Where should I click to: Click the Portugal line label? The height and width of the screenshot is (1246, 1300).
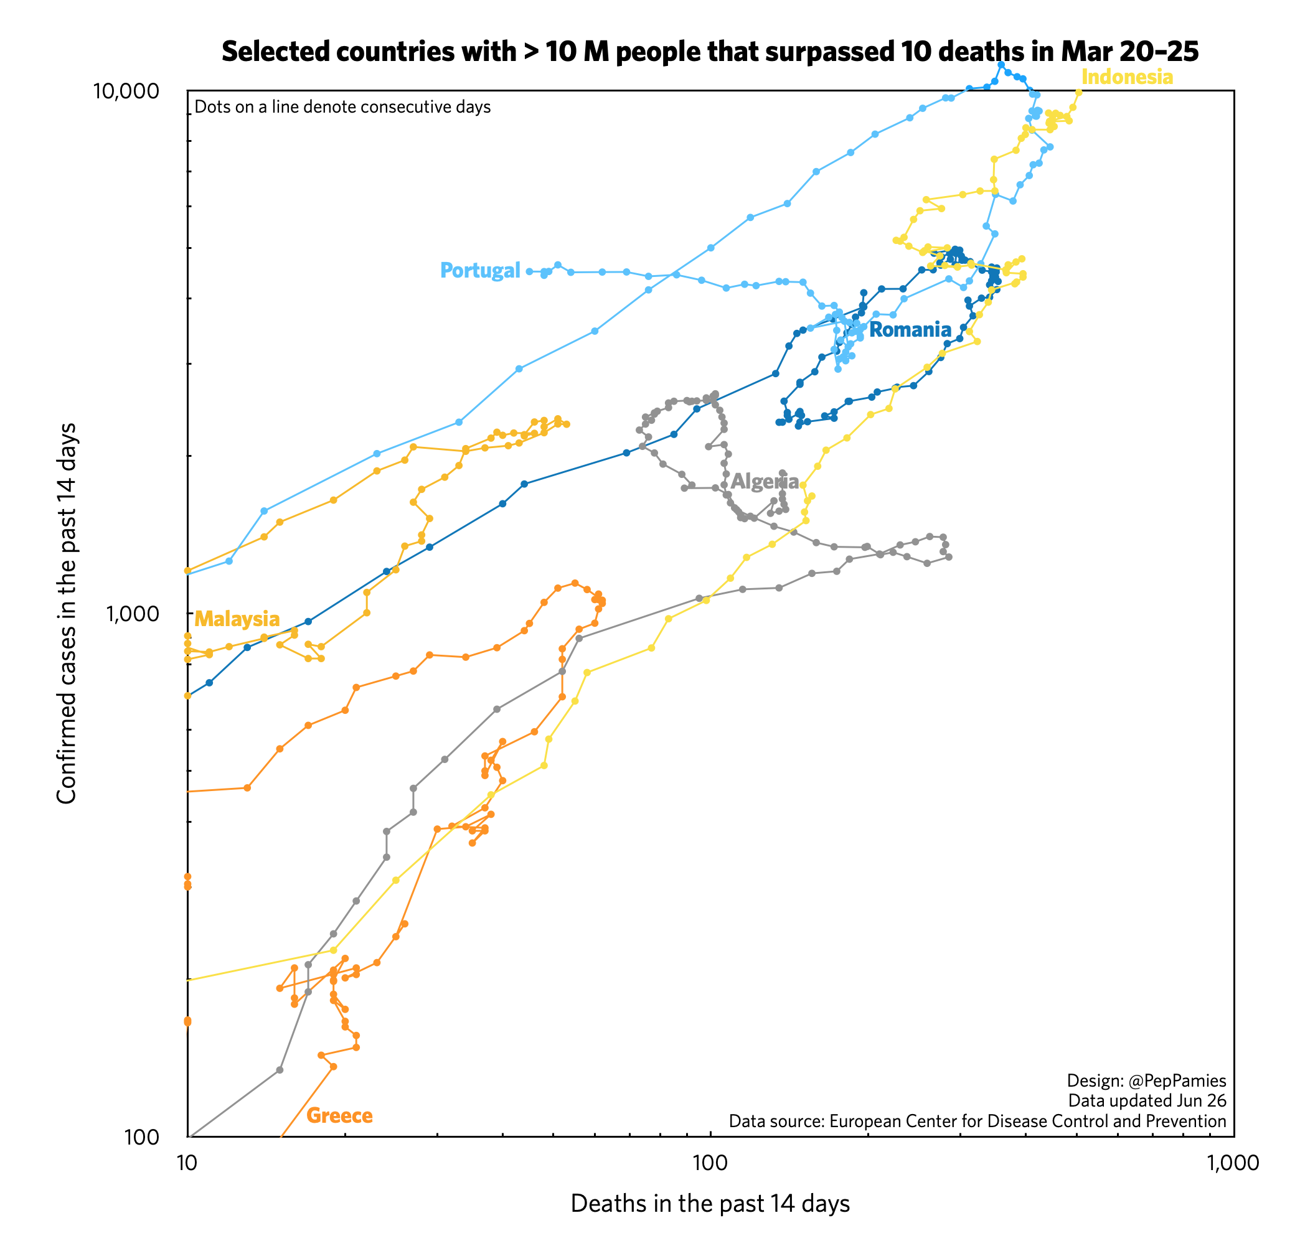click(x=480, y=271)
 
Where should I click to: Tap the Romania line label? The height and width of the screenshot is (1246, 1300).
click(x=910, y=330)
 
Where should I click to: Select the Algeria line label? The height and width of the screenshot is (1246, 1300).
click(x=765, y=482)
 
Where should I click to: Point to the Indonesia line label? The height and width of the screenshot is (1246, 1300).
click(x=1127, y=78)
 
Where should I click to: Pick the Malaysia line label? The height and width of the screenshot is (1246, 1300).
click(x=237, y=619)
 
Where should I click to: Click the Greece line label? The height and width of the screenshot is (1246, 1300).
click(x=339, y=1115)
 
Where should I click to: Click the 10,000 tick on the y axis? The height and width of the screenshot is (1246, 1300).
click(x=126, y=91)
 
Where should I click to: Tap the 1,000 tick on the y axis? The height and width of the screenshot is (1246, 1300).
click(x=133, y=614)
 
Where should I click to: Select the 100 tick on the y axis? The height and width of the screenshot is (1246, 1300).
click(x=143, y=1138)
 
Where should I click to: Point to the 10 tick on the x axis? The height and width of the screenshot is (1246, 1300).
click(x=187, y=1163)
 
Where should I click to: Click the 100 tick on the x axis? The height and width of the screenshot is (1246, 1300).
click(x=710, y=1163)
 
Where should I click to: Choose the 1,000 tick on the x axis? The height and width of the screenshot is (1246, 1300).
click(x=1232, y=1163)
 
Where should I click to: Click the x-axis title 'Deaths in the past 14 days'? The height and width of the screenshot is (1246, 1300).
click(x=710, y=1204)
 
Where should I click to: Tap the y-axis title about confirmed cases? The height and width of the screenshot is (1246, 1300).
click(x=67, y=614)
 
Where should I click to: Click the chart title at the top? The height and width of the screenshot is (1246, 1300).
click(x=710, y=52)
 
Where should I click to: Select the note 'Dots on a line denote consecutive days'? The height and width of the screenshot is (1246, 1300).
click(x=342, y=108)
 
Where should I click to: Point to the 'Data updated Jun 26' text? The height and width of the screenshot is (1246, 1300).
click(x=1147, y=1101)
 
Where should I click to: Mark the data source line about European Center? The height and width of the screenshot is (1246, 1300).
click(x=977, y=1121)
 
